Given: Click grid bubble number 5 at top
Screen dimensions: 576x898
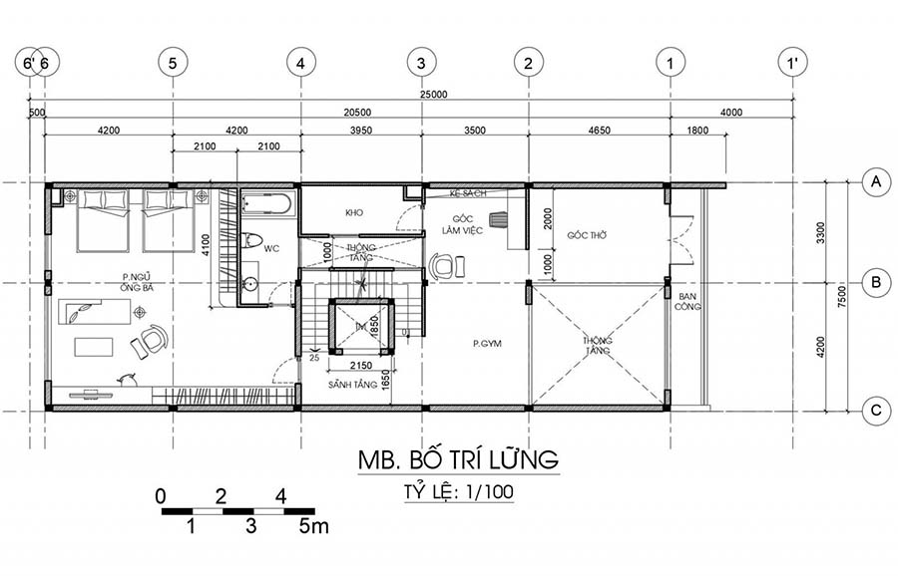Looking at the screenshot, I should [x=173, y=62].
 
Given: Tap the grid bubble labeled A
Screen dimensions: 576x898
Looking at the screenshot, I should [x=875, y=181].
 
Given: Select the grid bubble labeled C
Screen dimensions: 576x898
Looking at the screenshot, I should [x=875, y=409].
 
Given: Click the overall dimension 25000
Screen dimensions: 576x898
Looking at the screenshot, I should [x=432, y=95].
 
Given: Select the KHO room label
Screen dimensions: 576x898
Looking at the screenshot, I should [x=353, y=213].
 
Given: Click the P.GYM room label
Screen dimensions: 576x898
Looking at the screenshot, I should [x=486, y=344].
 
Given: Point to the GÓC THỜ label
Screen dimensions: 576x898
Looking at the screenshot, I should [x=588, y=236].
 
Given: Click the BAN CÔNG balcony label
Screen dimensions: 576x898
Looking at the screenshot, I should [x=686, y=301].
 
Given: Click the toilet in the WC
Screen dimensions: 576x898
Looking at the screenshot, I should [x=250, y=240].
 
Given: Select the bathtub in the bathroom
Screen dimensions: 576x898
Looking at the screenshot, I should [x=266, y=205].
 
